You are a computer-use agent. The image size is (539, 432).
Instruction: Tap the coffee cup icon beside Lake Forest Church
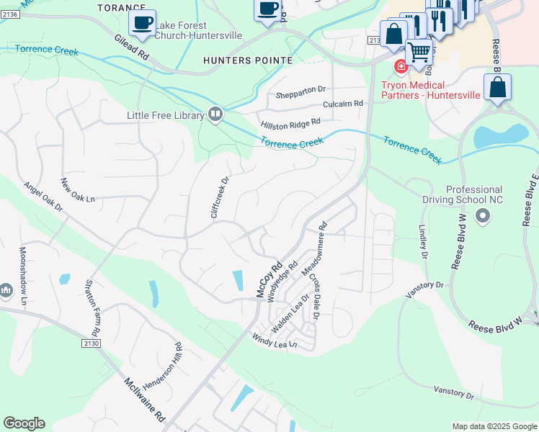pos(142,22)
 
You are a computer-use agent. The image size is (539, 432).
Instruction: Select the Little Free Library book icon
pos(215,114)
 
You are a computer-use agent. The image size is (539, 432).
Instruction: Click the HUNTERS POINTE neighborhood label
pos(248,60)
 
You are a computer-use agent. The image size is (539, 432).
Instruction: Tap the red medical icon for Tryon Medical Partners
pos(400,67)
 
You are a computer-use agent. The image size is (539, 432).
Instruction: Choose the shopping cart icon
pos(419,51)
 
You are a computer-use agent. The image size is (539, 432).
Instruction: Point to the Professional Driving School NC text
pos(484,195)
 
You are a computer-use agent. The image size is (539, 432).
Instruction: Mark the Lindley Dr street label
pos(422,238)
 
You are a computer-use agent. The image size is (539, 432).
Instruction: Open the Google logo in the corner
pos(24,423)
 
